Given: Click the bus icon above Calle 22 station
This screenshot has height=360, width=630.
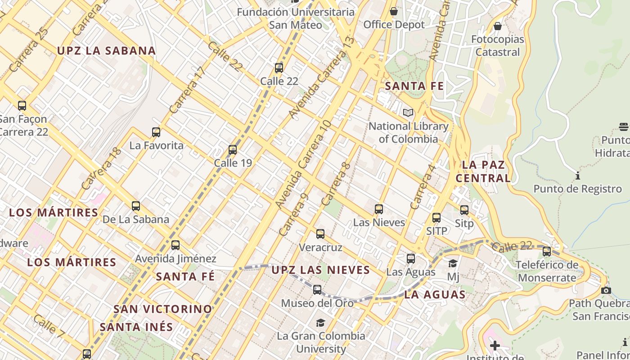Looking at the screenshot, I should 279,68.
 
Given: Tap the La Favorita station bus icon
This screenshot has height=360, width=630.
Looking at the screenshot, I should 156,132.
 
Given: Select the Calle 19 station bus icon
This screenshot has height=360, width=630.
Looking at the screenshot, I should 233,150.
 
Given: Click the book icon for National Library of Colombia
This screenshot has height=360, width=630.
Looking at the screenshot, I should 408,113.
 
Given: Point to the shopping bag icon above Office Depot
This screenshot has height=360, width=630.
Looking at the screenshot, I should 394,11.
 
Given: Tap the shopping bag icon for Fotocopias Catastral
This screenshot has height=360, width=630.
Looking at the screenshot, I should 498,26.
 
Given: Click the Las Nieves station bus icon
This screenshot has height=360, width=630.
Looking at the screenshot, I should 379,209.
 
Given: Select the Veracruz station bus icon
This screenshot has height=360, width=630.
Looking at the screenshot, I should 320,234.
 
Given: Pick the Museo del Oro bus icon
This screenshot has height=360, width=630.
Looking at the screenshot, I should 317,290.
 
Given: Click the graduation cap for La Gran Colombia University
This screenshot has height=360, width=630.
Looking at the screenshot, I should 320,323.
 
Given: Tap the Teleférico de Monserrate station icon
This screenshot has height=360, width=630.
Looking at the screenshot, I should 547,252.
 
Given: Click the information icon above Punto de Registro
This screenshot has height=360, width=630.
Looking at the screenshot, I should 578,175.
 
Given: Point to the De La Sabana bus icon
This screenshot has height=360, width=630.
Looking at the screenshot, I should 136,206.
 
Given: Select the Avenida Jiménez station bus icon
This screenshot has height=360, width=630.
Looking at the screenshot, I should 175,245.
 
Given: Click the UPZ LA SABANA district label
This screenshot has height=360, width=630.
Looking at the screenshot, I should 106,51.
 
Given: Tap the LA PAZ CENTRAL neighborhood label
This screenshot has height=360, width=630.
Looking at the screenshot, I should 483,171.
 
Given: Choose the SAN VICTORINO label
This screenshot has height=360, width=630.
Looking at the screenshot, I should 162,309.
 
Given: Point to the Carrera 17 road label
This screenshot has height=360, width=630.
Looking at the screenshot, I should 187,90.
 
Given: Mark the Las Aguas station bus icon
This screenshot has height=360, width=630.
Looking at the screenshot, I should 411,259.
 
